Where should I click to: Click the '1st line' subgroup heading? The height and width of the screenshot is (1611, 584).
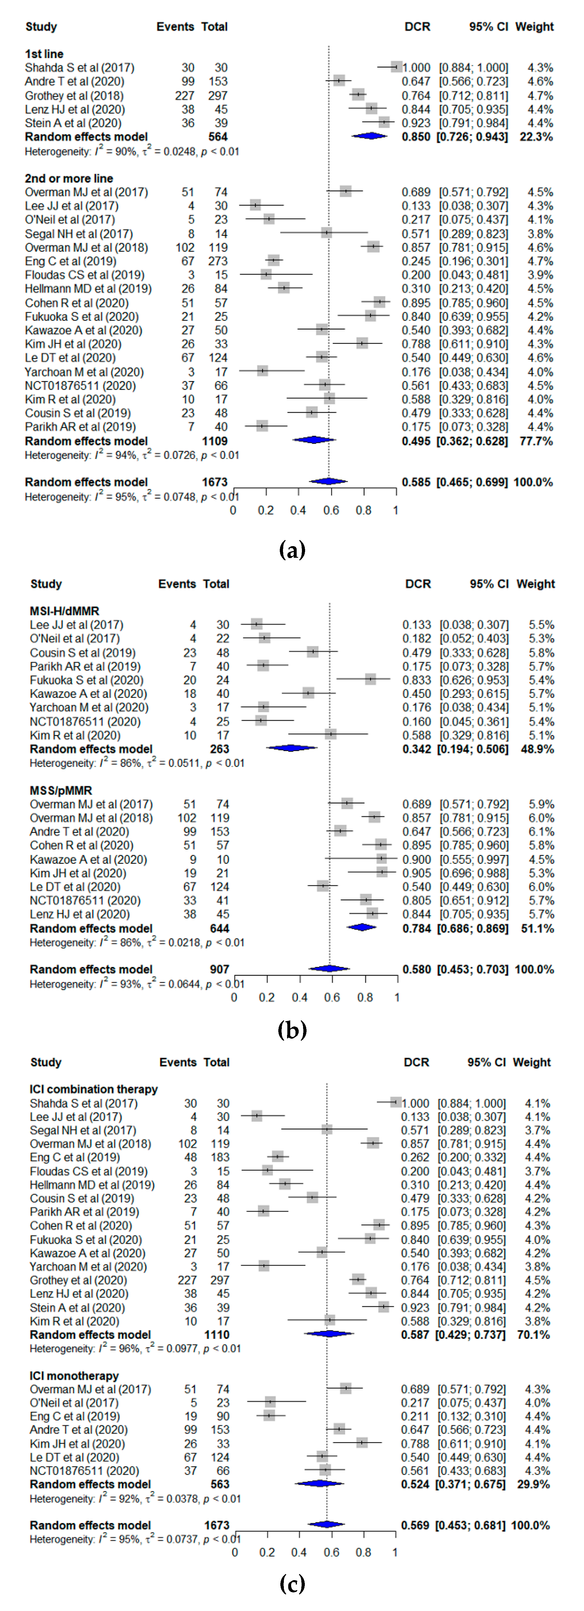tap(44, 54)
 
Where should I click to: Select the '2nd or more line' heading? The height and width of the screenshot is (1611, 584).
tap(69, 178)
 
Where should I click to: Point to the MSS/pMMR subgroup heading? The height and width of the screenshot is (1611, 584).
tap(61, 790)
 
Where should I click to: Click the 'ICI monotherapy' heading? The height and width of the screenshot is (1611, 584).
tap(74, 1376)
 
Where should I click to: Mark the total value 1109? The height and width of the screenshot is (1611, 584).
tap(215, 441)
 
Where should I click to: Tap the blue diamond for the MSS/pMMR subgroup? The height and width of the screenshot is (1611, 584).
tap(361, 927)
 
